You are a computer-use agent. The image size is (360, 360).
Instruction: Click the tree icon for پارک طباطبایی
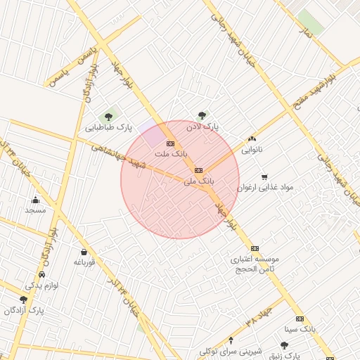pyautogui.click(x=108, y=116)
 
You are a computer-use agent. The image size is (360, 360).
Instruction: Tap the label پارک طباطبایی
pyautogui.click(x=109, y=128)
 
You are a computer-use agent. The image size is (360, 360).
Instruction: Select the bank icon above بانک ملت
pyautogui.click(x=170, y=143)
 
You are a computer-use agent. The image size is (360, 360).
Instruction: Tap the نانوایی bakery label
pyautogui.click(x=252, y=150)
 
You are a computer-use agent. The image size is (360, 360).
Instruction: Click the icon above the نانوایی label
pyautogui.click(x=252, y=139)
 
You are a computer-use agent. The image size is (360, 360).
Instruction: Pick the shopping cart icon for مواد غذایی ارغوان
pyautogui.click(x=264, y=176)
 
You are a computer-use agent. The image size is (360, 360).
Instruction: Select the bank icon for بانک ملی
pyautogui.click(x=198, y=169)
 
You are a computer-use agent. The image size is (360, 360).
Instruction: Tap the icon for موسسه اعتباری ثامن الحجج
pyautogui.click(x=255, y=248)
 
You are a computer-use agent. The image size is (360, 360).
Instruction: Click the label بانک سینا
pyautogui.click(x=300, y=328)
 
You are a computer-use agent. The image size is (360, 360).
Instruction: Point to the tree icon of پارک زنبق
pyautogui.click(x=284, y=345)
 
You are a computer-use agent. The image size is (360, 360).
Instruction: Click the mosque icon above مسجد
pyautogui.click(x=35, y=200)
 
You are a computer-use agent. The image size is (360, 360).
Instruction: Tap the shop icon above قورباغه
pyautogui.click(x=84, y=252)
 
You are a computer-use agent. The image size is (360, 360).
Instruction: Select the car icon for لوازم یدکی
pyautogui.click(x=42, y=275)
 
